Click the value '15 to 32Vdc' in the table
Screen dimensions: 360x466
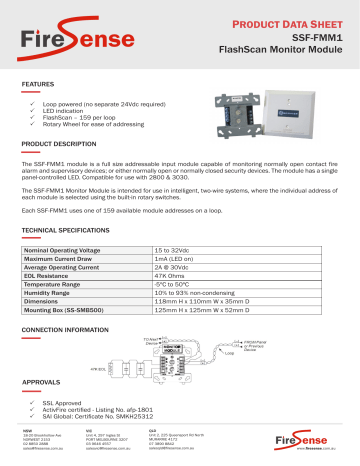click(x=176, y=246)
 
